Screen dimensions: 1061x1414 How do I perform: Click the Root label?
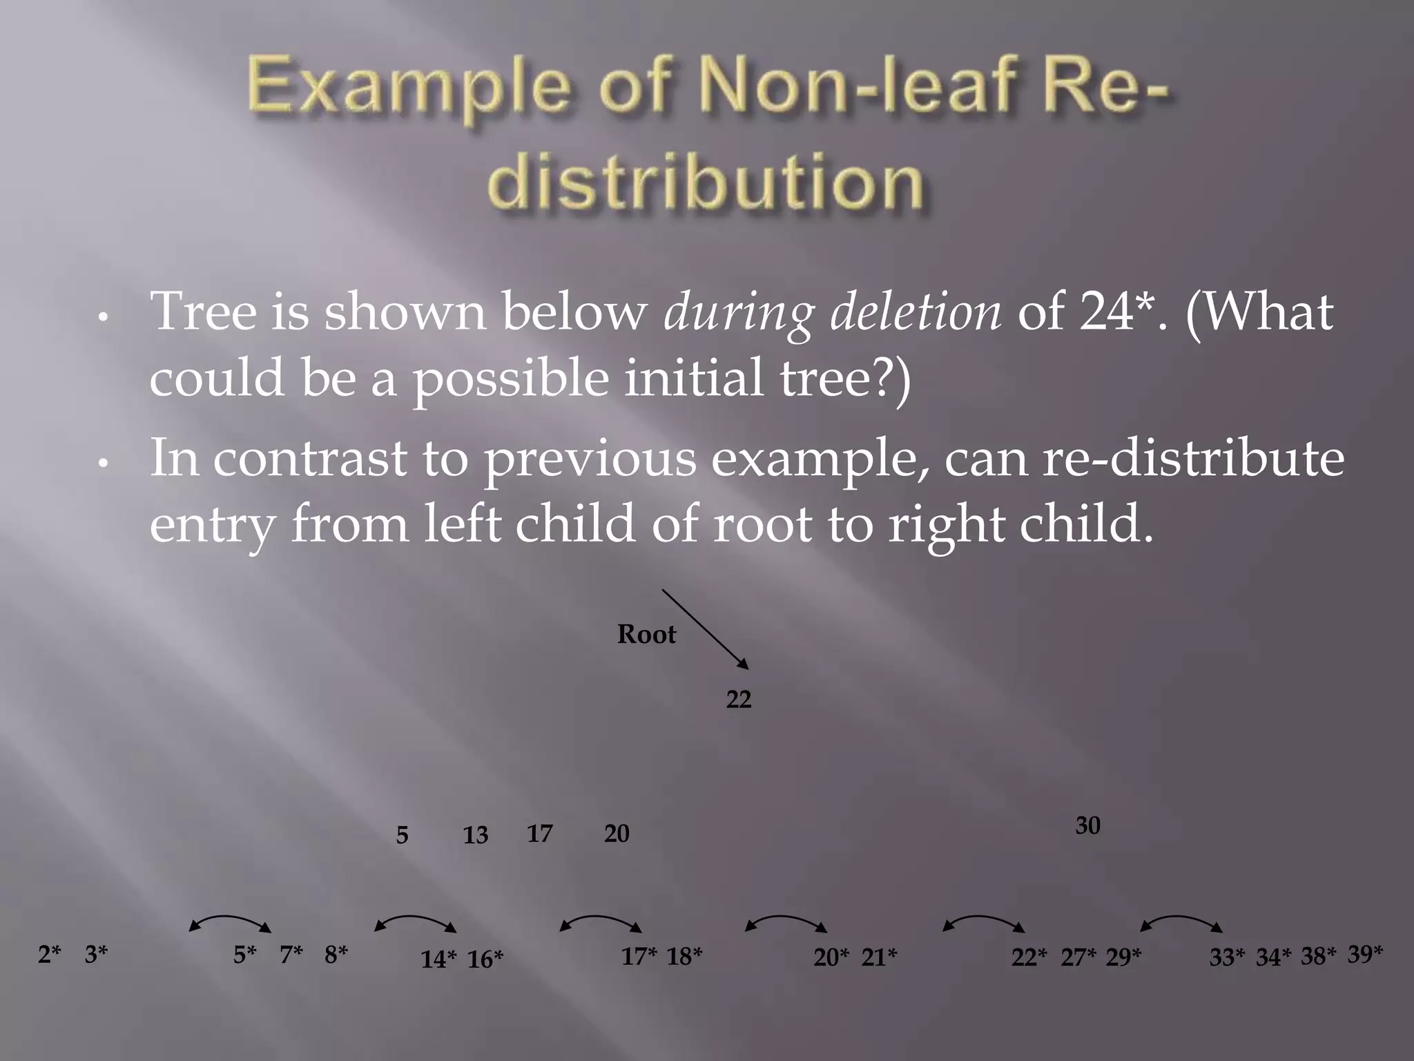pos(646,634)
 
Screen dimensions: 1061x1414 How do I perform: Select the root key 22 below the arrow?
pos(738,700)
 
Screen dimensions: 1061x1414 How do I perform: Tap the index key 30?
pos(1087,825)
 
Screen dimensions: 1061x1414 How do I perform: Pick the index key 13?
pos(475,835)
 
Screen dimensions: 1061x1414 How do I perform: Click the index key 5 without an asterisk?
pos(402,835)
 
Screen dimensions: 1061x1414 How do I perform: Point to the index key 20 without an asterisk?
pos(617,834)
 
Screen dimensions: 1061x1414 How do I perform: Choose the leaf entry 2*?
pos(49,955)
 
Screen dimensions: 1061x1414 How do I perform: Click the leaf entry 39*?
pos(1365,954)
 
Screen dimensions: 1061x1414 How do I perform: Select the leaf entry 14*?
pos(438,959)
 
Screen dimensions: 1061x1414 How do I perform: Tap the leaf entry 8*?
pos(336,955)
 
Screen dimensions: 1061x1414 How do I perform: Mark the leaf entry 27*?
pos(1078,957)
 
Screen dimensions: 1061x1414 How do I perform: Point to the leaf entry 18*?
pos(684,956)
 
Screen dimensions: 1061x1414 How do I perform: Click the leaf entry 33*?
pos(1226,957)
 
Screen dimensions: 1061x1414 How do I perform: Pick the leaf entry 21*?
pos(879,957)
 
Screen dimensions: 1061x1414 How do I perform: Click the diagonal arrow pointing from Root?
pos(705,629)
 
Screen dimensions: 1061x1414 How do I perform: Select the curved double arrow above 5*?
pos(230,921)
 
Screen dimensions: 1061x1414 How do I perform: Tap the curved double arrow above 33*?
pos(1181,921)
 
